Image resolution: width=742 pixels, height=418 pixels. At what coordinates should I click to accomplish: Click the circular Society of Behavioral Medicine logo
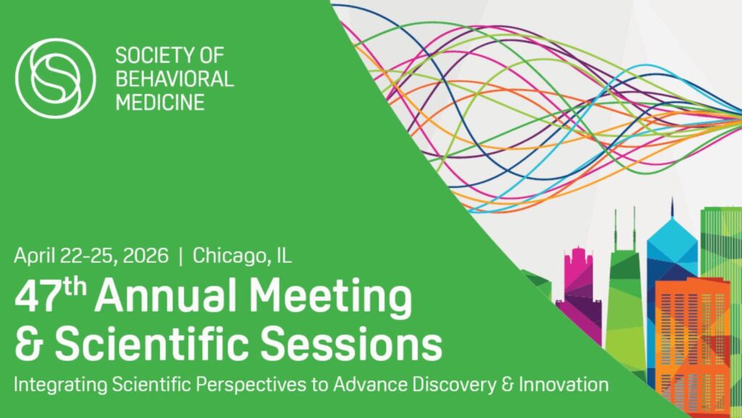[56, 77]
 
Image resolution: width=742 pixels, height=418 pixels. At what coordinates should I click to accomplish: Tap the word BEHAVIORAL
[174, 78]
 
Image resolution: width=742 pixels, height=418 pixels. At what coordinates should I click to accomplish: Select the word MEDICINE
[159, 101]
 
